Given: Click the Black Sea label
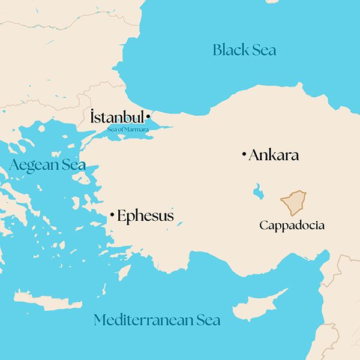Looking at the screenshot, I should pyautogui.click(x=244, y=50).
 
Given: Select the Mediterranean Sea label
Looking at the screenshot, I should pyautogui.click(x=157, y=320).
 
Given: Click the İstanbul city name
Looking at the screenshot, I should pyautogui.click(x=116, y=117).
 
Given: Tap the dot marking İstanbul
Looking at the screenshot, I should pyautogui.click(x=148, y=116).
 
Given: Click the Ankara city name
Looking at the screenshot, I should pyautogui.click(x=274, y=155).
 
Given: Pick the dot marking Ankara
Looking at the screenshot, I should pyautogui.click(x=244, y=155).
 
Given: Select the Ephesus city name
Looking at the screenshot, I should pyautogui.click(x=145, y=216).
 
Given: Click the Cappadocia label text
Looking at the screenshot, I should pyautogui.click(x=292, y=226).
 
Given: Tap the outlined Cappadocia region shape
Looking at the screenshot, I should pyautogui.click(x=294, y=203).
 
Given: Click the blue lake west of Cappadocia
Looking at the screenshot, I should pyautogui.click(x=258, y=192).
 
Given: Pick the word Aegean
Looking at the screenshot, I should pyautogui.click(x=30, y=165).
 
